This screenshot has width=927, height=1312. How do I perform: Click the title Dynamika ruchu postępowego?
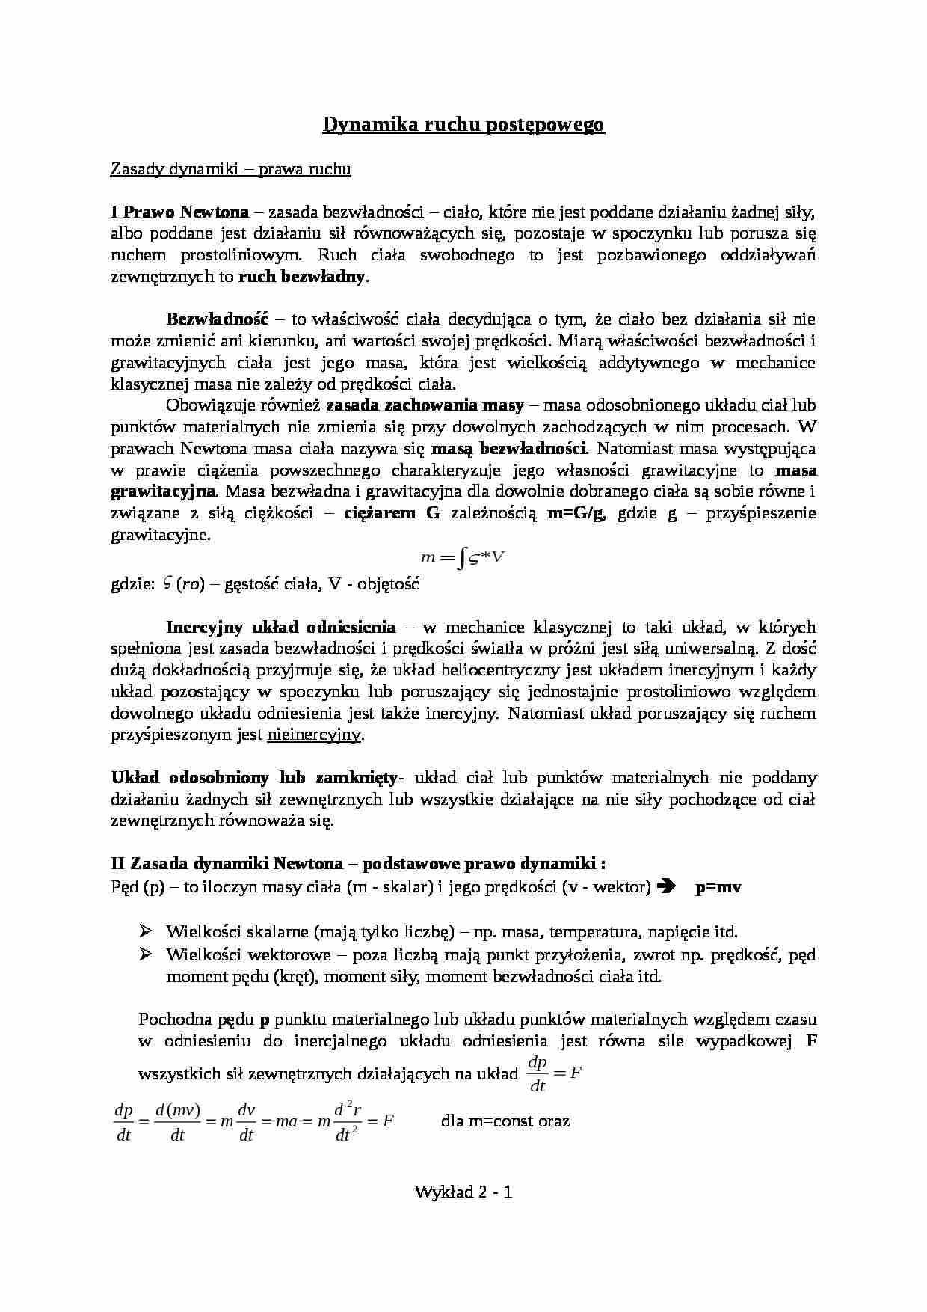463,125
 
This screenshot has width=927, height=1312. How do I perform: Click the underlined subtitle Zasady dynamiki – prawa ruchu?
230,169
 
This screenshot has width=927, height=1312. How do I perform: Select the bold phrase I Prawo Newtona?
179,212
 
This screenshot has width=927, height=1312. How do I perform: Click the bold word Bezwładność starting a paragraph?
217,319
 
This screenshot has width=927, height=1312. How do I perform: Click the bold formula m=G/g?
576,513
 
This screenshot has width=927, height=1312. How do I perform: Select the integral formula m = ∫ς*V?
463,557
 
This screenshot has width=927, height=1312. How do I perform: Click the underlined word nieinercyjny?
314,735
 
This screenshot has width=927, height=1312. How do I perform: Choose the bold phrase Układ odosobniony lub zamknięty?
255,778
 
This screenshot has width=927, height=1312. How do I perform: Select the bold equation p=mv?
718,887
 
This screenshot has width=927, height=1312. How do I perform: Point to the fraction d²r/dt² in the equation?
348,1121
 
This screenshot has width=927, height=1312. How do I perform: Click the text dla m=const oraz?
505,1121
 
